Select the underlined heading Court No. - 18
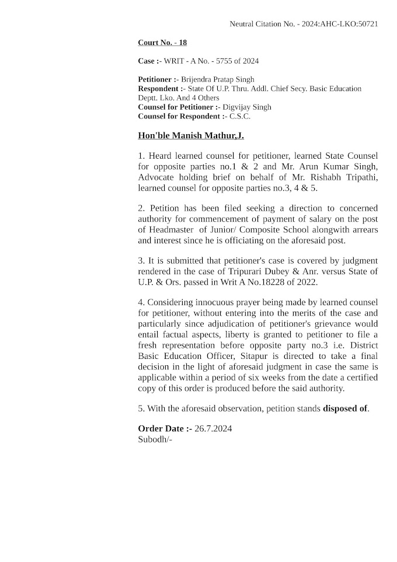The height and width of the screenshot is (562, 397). coord(162,43)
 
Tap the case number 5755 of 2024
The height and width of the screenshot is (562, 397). coord(234,61)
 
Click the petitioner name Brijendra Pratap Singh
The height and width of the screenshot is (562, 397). coord(217,79)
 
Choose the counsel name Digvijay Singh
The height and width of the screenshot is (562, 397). coord(247,107)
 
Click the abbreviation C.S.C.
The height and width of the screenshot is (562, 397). coord(240,117)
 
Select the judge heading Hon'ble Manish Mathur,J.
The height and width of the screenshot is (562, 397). coord(191,136)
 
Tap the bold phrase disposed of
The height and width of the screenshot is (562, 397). coord(345,409)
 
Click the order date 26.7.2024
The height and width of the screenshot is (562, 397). coord(213,429)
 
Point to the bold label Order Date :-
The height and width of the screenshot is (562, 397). coord(165,429)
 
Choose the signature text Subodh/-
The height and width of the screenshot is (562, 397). coord(155,439)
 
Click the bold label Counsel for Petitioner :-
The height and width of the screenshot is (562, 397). coord(179,107)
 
